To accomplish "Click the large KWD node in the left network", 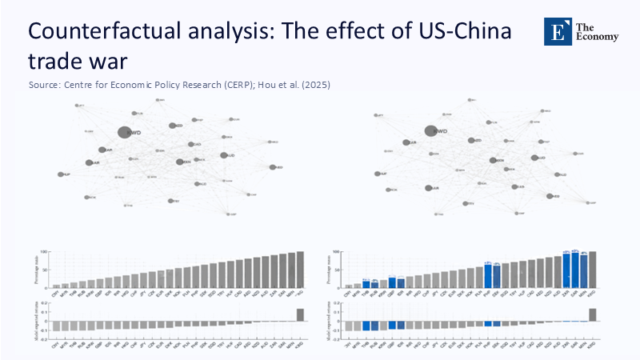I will tap(124, 133).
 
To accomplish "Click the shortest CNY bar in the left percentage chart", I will tap(56, 285).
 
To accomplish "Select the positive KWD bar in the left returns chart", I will tap(300, 314).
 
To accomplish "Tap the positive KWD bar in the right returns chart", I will tap(593, 314).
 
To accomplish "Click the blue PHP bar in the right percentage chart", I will tap(488, 275).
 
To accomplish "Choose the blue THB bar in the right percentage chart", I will tap(366, 283).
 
